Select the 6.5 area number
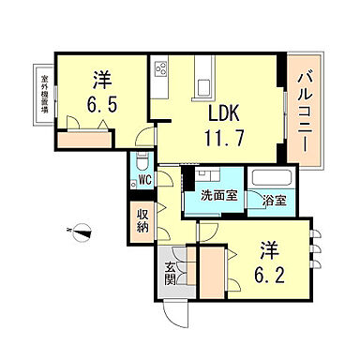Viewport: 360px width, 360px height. pyautogui.click(x=101, y=103)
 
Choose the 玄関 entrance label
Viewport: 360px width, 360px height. pyautogui.click(x=171, y=273)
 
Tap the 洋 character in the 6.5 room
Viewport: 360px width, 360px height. pyautogui.click(x=101, y=79)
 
